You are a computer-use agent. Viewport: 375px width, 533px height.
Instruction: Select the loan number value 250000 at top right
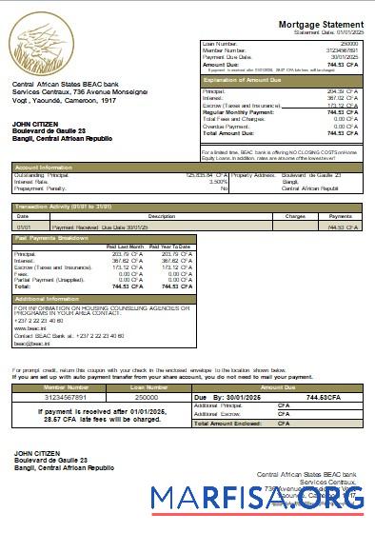[x=348, y=44]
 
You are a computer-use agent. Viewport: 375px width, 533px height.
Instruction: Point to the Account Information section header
[x=39, y=166]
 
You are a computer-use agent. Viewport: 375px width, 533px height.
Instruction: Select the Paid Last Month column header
[x=124, y=246]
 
